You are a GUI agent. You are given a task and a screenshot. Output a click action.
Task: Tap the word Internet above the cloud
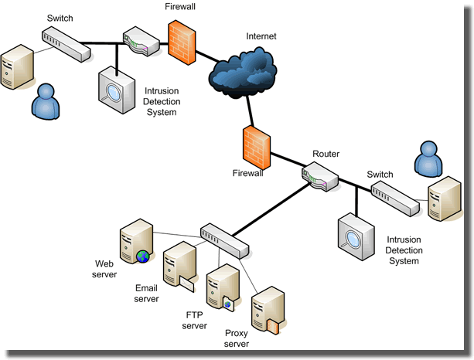tap(261, 36)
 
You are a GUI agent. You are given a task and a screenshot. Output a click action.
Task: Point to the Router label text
tap(326, 155)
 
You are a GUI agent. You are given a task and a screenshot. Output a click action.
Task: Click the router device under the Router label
tap(320, 179)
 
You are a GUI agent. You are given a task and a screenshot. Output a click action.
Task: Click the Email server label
tap(146, 293)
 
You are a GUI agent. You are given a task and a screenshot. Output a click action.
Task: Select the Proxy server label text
tap(237, 338)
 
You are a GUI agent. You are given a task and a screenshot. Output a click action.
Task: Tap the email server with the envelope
tap(177, 266)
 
